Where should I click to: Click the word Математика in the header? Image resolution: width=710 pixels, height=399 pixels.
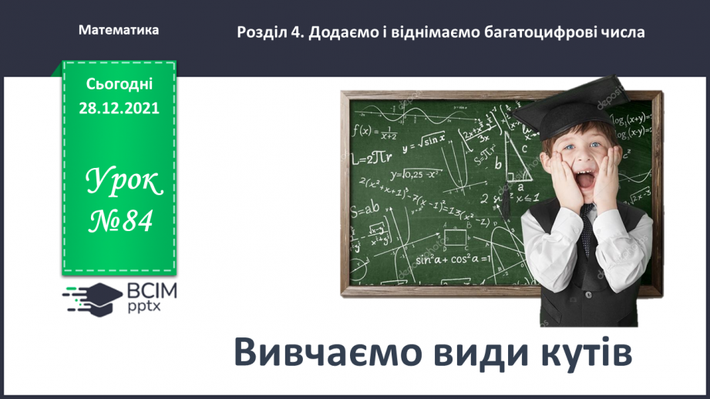(x=119, y=30)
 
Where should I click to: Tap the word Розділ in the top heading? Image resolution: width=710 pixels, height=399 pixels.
(x=262, y=32)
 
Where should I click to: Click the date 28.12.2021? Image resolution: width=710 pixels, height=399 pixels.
(x=119, y=108)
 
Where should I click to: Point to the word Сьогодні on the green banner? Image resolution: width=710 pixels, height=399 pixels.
(x=119, y=83)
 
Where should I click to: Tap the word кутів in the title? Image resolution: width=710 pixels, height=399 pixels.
(x=584, y=353)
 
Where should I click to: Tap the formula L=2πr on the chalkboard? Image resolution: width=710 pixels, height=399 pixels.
(x=372, y=159)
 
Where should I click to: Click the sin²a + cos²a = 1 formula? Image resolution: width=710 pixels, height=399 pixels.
(x=453, y=259)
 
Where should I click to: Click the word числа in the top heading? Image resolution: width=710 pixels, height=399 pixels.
(x=618, y=32)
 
